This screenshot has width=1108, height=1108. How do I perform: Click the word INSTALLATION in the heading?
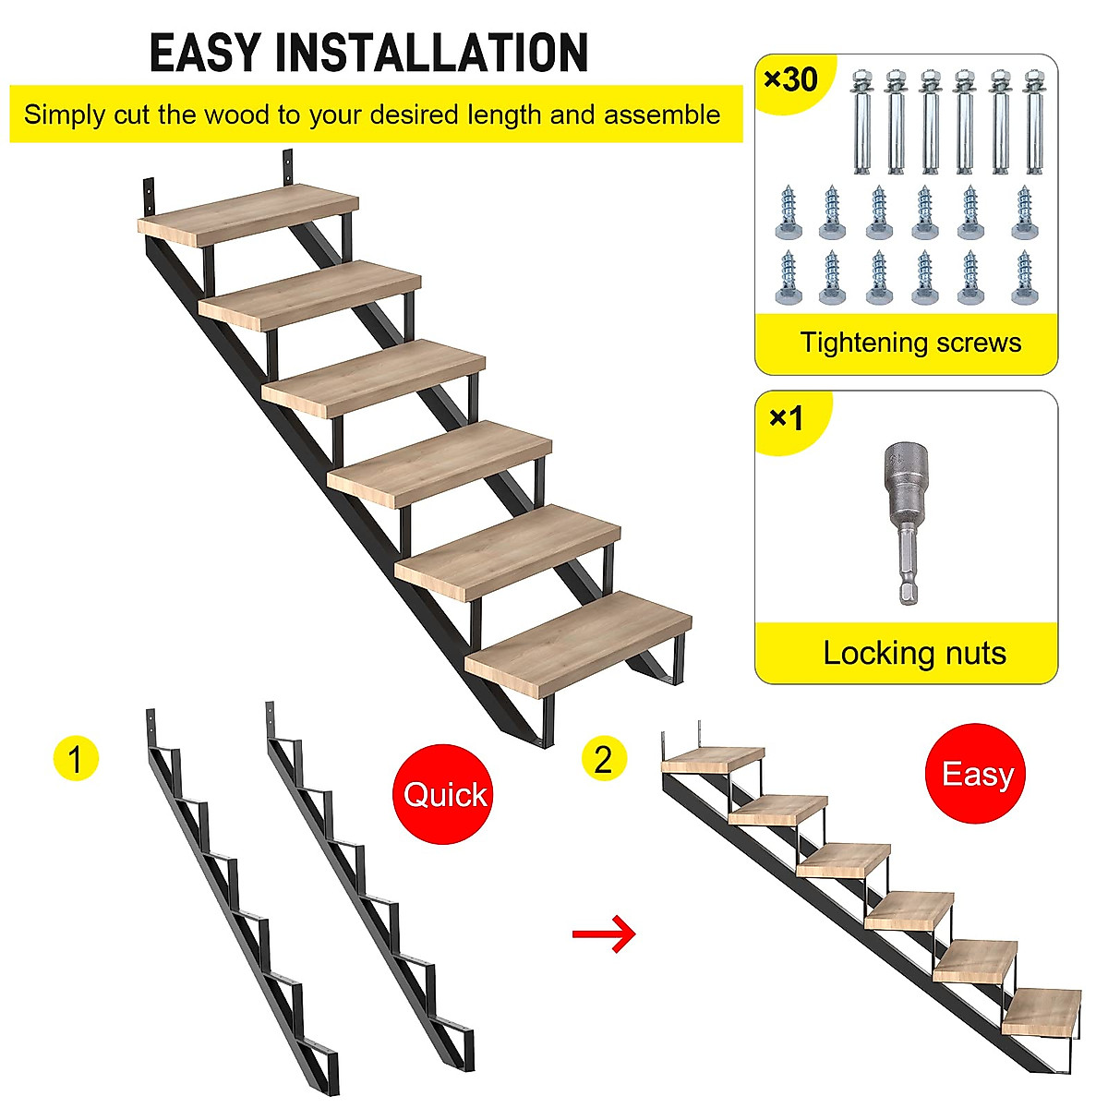tap(431, 53)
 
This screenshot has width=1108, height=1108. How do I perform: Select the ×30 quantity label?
tap(791, 79)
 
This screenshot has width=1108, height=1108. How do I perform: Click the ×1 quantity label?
tap(786, 418)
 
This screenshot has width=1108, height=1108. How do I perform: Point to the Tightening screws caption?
tap(910, 343)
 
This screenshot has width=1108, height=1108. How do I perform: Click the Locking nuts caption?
tap(914, 653)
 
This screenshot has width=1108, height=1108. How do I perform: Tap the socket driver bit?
tap(905, 522)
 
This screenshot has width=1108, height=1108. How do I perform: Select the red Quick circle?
tap(444, 794)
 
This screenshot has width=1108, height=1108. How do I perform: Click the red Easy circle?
tap(976, 774)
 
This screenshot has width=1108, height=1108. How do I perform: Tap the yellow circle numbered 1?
tap(75, 759)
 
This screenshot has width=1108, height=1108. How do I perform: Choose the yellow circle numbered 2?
tap(604, 759)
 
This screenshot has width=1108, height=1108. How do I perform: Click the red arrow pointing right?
tap(604, 934)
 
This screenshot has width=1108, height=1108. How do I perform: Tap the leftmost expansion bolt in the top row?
tap(862, 120)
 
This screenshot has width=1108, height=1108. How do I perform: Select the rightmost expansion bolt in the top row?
tap(1036, 120)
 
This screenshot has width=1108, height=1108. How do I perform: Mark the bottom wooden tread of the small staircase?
tap(1042, 1013)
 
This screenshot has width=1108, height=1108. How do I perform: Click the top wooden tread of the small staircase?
tap(713, 759)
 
